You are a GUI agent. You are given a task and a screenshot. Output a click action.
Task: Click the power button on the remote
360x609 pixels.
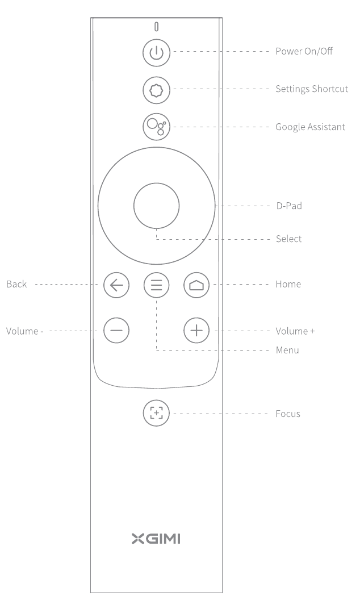(x=157, y=52)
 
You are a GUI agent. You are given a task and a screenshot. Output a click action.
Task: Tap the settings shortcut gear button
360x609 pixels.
(x=157, y=90)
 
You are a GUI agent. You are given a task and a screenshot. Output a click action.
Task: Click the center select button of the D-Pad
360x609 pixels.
(x=157, y=206)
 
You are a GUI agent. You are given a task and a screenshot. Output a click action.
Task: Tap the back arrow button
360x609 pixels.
(x=116, y=285)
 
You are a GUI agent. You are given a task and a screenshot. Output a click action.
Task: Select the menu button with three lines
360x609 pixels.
(x=157, y=285)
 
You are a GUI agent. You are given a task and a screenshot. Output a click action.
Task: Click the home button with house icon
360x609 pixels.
(x=196, y=285)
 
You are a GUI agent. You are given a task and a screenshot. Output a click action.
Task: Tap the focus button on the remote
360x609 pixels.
(x=157, y=413)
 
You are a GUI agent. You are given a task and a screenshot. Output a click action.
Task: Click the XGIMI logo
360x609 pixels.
(x=156, y=539)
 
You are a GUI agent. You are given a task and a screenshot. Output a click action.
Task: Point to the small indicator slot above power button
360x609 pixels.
(x=157, y=27)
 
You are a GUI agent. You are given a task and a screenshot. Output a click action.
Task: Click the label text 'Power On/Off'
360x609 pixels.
(x=304, y=51)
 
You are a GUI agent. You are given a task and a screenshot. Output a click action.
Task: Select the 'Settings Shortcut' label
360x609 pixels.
(x=312, y=89)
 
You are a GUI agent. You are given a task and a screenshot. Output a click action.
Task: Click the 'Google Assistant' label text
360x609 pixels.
(x=310, y=127)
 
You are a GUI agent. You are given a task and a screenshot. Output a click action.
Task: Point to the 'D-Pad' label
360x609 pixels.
(x=290, y=206)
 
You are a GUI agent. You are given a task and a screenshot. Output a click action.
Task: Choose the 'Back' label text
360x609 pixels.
(x=16, y=284)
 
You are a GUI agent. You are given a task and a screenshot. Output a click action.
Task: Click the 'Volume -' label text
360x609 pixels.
(x=24, y=331)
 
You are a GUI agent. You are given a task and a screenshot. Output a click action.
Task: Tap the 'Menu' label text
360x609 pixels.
(x=287, y=351)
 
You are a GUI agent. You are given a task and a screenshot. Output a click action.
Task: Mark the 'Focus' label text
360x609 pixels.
(x=288, y=414)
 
